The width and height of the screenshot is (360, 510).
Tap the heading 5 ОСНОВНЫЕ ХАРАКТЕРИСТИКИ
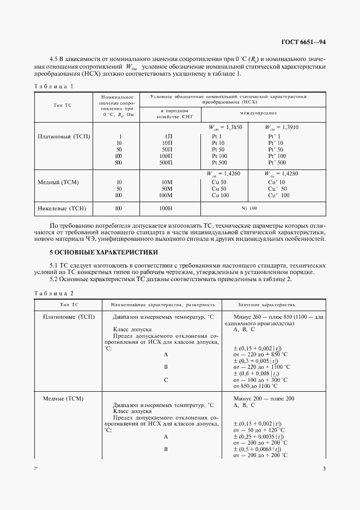point(104,252)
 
